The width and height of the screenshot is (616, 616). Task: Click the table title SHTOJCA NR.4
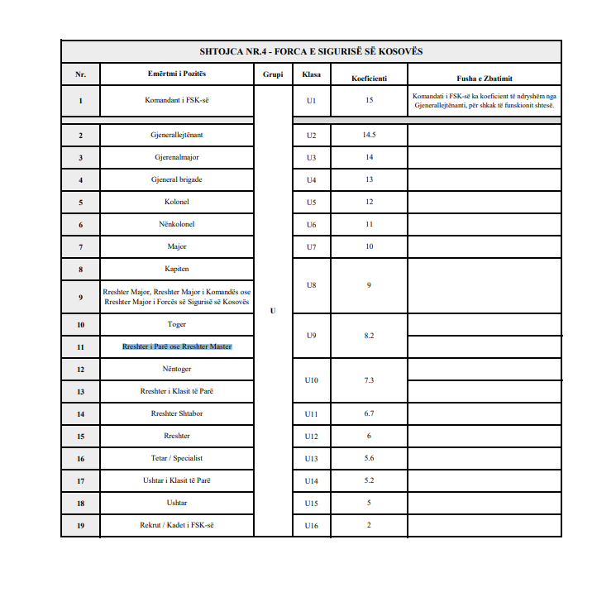311,51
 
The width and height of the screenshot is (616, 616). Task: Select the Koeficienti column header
369,79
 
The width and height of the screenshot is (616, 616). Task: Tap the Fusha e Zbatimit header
485,79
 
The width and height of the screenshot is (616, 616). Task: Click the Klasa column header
312,74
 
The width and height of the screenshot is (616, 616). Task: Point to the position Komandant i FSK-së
177,100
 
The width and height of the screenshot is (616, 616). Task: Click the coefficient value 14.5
369,135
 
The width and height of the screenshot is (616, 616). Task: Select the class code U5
311,202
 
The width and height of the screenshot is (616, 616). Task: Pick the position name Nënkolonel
177,224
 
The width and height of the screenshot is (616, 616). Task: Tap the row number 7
80,246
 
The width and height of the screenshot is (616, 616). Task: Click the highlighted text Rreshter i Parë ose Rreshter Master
177,346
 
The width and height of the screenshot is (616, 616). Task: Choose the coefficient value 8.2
369,336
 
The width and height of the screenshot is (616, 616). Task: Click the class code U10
311,380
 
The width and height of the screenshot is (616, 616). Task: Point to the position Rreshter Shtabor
177,413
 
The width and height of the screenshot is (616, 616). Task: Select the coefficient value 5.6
369,458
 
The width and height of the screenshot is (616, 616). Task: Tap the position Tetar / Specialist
177,458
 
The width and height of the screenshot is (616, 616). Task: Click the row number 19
80,525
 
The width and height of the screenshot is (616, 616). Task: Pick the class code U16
311,525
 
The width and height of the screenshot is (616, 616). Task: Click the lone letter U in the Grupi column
273,311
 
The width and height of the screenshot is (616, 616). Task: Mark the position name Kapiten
177,269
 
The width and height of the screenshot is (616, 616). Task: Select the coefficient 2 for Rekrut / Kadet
369,525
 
